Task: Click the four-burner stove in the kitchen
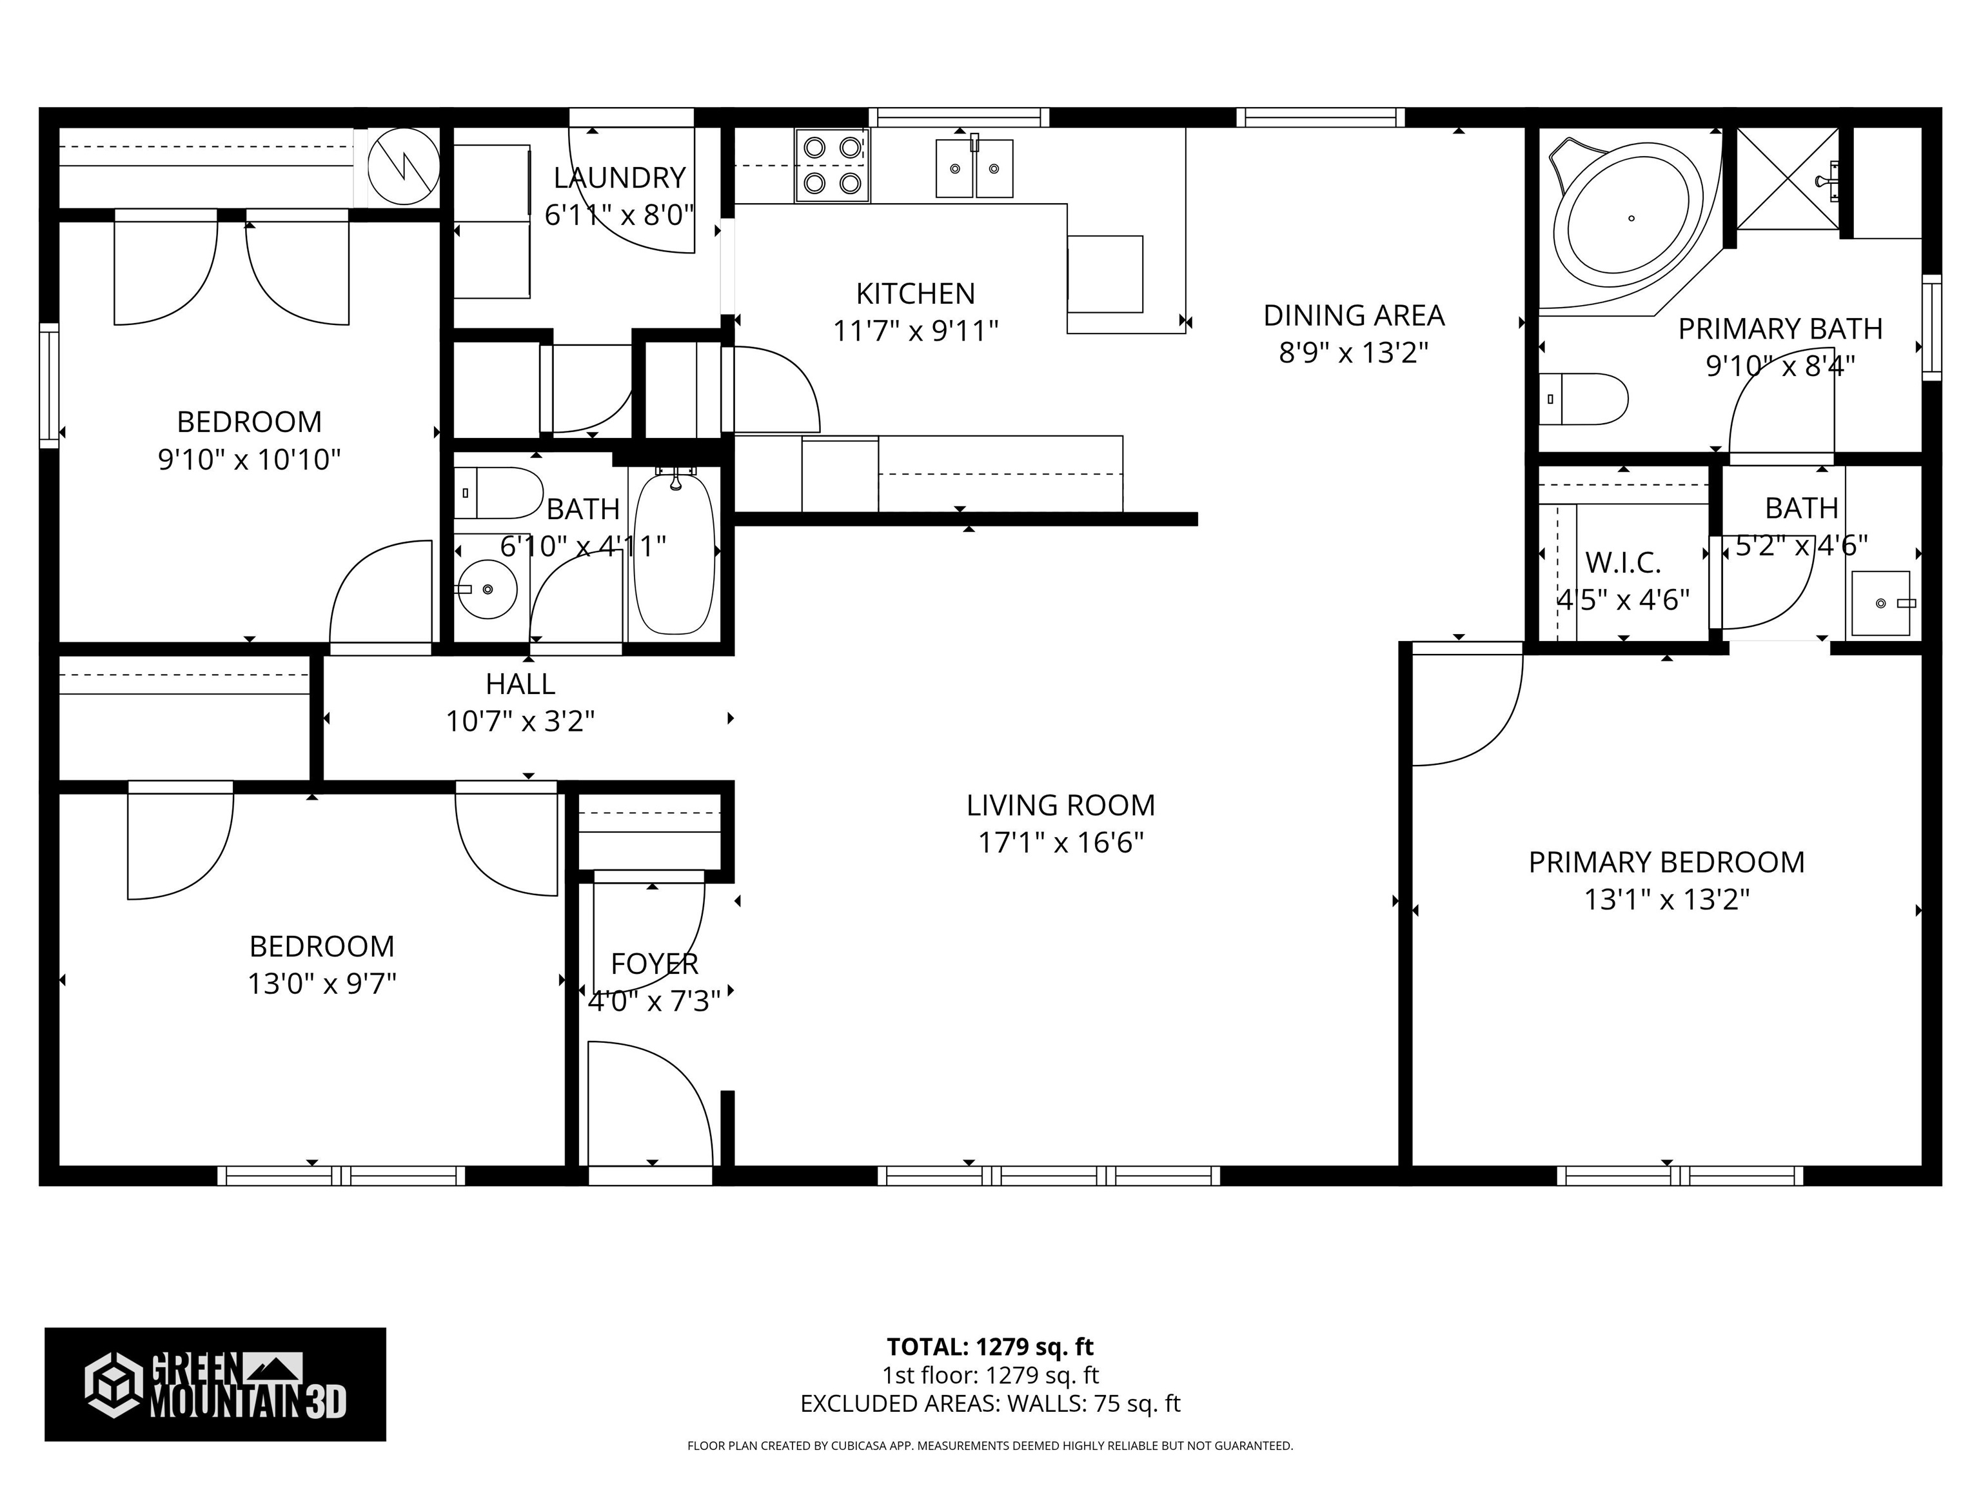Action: click(832, 165)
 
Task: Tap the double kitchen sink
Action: click(974, 168)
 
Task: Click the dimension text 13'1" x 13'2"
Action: click(1666, 899)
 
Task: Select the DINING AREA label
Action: click(1353, 315)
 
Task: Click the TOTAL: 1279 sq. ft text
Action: click(990, 1346)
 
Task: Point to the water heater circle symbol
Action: click(404, 166)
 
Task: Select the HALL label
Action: click(520, 684)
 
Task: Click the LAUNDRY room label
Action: click(619, 178)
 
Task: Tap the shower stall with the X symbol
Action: click(1787, 178)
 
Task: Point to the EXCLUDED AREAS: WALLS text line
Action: click(990, 1403)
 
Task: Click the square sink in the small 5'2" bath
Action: click(1880, 604)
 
